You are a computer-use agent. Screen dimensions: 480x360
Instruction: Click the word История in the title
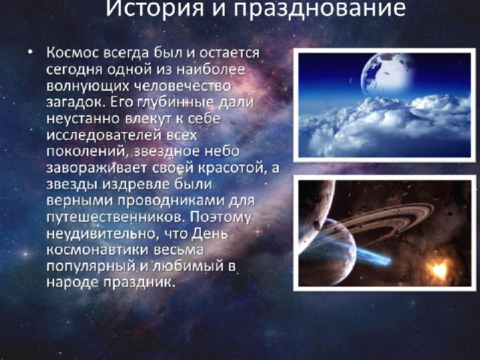(x=155, y=8)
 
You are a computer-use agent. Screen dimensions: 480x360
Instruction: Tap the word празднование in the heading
(x=320, y=9)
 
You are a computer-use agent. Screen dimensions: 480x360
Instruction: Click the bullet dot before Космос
(x=30, y=52)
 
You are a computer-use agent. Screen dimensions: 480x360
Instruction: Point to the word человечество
(x=183, y=86)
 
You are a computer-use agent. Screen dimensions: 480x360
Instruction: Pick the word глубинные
(x=175, y=103)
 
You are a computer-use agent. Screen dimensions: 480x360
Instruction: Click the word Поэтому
(x=220, y=217)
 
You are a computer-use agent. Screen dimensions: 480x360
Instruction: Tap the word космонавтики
(x=97, y=250)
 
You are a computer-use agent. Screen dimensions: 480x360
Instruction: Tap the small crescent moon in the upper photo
(x=351, y=81)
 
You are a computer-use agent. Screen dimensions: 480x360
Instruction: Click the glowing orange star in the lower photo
(x=439, y=271)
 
